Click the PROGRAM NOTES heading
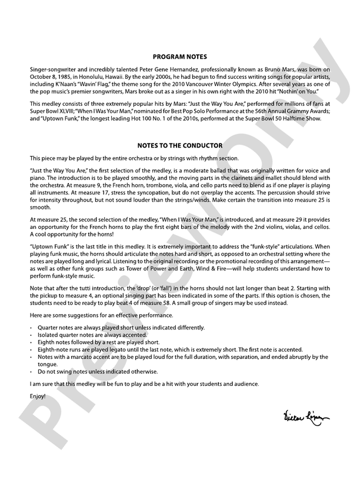point(179,57)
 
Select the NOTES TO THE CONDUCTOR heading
point(179,145)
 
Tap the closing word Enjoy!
point(36,395)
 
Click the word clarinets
point(252,176)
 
